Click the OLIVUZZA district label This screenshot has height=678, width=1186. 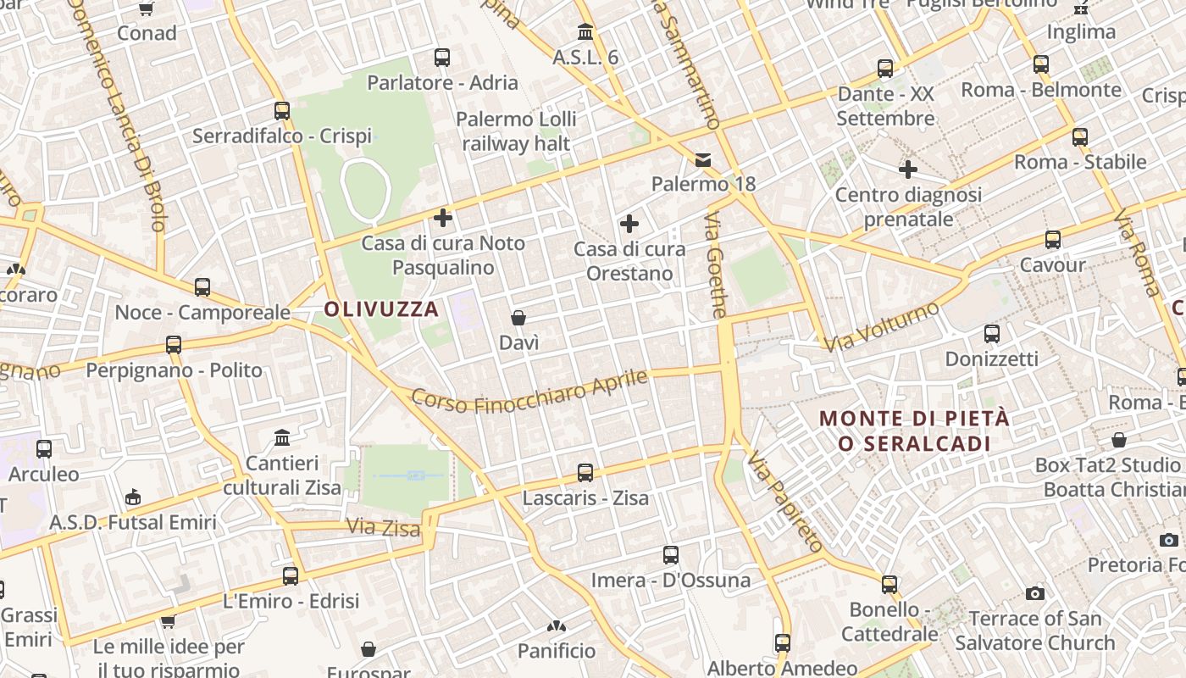point(381,309)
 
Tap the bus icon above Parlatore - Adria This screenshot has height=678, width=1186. point(441,58)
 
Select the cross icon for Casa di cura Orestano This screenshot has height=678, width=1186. point(629,224)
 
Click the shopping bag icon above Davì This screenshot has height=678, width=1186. point(518,318)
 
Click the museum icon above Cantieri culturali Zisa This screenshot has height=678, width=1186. point(282,437)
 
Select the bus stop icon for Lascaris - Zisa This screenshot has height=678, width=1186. point(585,472)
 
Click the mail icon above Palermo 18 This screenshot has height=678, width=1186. point(703,159)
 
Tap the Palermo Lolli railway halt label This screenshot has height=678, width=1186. point(516,131)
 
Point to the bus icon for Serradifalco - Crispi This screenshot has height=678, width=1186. point(282,110)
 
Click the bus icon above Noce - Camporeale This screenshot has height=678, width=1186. point(202,286)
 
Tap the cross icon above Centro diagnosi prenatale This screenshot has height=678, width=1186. point(908,169)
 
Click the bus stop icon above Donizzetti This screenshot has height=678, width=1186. point(992,334)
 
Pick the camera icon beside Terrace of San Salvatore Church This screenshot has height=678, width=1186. point(1034,593)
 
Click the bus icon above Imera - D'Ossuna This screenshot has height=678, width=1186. point(671,555)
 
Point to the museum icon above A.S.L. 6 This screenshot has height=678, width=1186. point(585,32)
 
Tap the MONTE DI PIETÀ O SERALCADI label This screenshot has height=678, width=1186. point(915,431)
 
